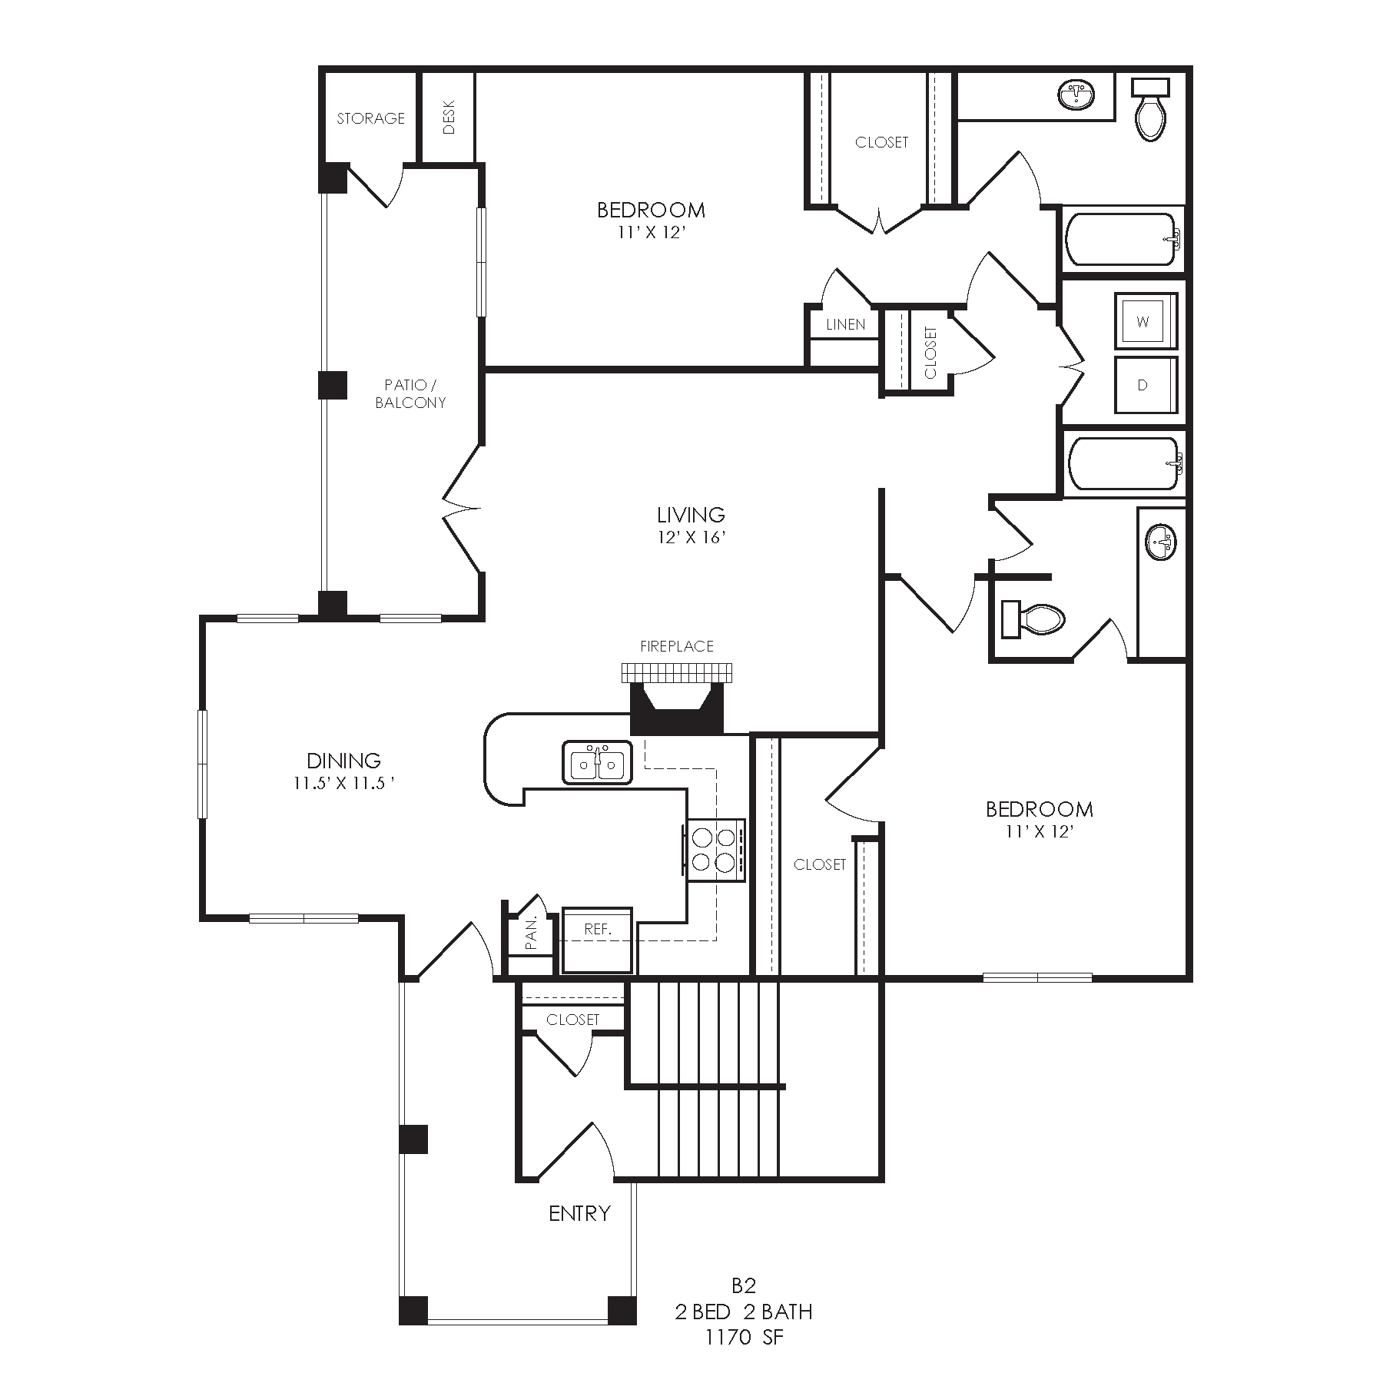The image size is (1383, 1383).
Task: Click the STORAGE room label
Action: (x=370, y=118)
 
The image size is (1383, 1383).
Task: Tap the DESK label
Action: (x=449, y=117)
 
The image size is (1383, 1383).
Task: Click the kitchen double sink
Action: (x=597, y=762)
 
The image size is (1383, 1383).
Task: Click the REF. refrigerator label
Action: (x=598, y=929)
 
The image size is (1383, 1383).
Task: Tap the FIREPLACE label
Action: (x=677, y=646)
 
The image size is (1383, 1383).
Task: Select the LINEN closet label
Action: (x=846, y=324)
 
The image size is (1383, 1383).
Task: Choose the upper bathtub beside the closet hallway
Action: (x=1123, y=239)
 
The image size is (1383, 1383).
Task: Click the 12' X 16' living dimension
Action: (x=691, y=538)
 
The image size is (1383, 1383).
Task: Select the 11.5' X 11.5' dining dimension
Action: (x=343, y=784)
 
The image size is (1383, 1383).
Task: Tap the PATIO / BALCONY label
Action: (x=410, y=394)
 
